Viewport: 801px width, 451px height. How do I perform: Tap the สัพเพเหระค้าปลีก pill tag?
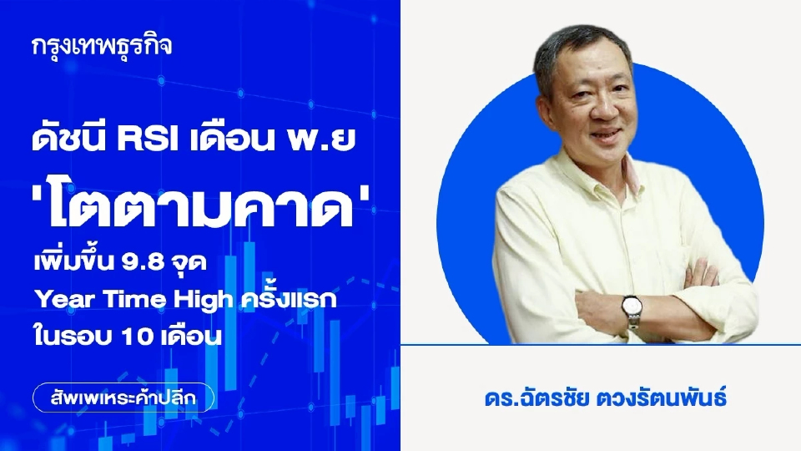(x=123, y=397)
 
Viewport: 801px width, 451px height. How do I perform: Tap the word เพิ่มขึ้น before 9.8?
(x=86, y=261)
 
